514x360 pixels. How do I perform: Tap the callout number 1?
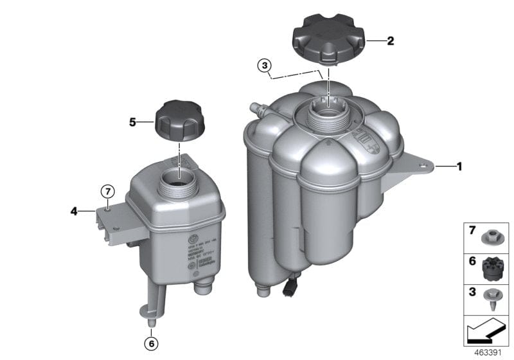(x=459, y=166)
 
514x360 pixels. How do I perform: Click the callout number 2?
(x=390, y=40)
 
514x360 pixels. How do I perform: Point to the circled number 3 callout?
(x=265, y=65)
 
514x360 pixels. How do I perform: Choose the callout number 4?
(x=74, y=210)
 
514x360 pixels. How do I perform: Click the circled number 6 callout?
(x=152, y=344)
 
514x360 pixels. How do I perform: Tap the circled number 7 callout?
(x=107, y=191)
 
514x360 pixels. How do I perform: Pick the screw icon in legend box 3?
(x=493, y=299)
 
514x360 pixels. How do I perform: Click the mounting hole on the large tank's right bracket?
(x=425, y=170)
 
